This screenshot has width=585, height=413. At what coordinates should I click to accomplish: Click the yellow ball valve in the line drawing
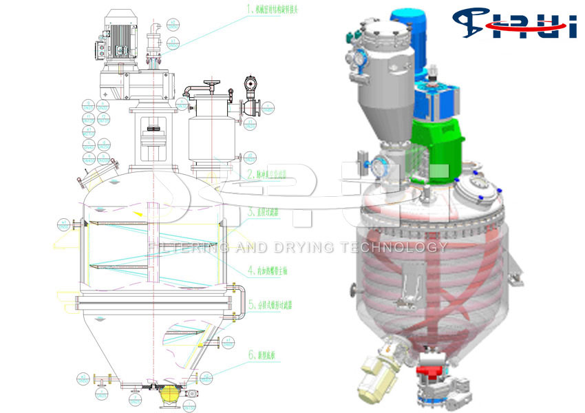pos(169,395)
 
